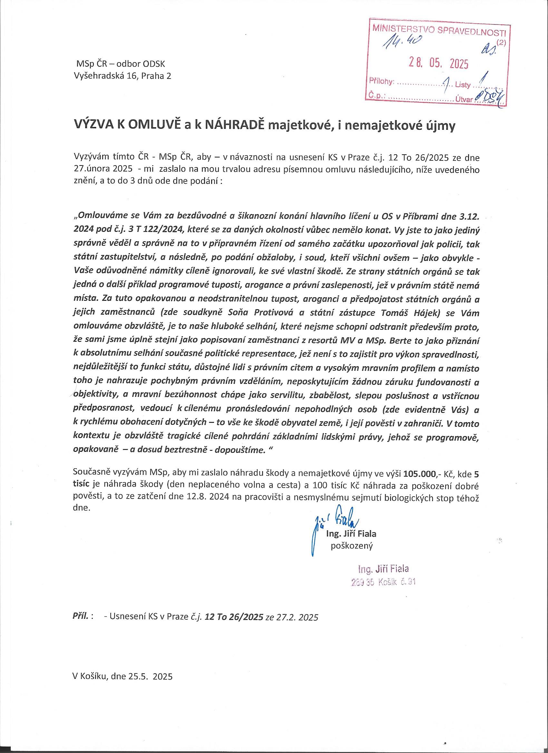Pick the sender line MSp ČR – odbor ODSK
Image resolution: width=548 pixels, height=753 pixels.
click(x=120, y=63)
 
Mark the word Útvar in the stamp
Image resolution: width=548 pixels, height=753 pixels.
click(x=464, y=98)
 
